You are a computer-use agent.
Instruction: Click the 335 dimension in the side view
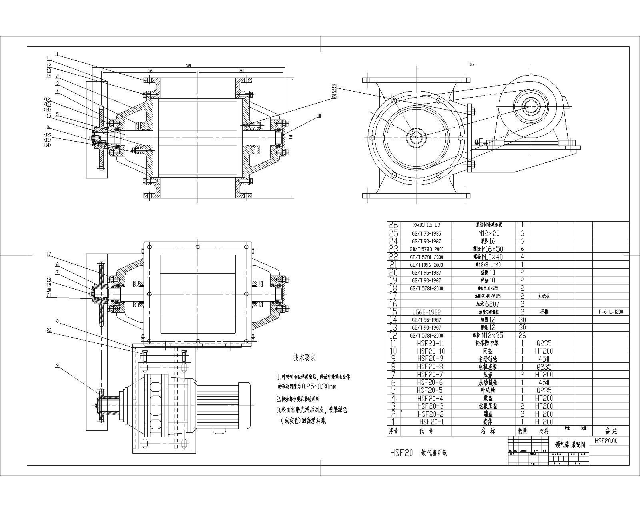coord(472,65)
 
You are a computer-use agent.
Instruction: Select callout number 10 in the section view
coord(319,116)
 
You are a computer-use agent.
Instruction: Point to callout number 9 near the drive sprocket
coord(57,365)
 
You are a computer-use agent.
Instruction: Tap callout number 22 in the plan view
coord(49,330)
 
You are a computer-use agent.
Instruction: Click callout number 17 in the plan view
coord(49,254)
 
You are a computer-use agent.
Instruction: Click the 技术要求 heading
coord(305,357)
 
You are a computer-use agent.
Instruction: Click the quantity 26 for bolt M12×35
coord(522,336)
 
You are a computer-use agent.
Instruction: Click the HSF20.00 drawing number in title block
coord(606,441)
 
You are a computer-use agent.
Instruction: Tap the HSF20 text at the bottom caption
coord(401,453)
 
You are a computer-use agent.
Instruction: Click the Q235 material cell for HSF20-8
coord(544,367)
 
